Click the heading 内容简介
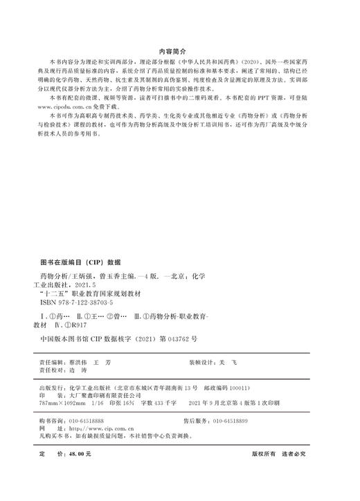[x=179, y=51]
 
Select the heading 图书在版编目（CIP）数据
[x=81, y=263]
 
